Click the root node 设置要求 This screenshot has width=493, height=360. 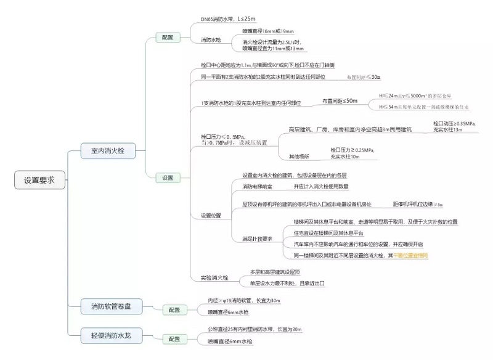coord(39,181)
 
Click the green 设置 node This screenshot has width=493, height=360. coord(168,178)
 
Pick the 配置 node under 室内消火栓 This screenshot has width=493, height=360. coord(168,38)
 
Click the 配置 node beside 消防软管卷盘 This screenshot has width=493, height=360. coord(175,309)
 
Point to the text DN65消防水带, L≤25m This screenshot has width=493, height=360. coord(227,19)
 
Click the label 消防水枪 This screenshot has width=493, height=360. coord(211,40)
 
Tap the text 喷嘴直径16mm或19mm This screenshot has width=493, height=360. coord(268,30)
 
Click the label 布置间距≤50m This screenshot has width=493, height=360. coord(340,100)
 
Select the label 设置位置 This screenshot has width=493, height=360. coord(211,216)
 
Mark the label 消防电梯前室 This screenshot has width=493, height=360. coord(258,186)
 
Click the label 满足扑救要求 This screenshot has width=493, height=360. coord(258,239)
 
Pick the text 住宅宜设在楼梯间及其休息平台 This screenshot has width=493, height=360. coord(328,233)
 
